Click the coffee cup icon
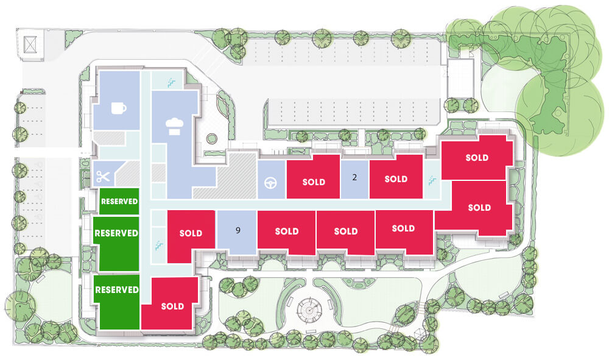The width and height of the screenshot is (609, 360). click(119, 108)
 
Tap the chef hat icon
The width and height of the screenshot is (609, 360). click(174, 127)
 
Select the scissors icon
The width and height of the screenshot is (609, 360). click(104, 177)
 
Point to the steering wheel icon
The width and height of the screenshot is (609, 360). click(271, 183)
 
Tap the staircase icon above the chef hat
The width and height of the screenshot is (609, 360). click(171, 82)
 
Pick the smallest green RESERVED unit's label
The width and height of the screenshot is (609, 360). click(119, 201)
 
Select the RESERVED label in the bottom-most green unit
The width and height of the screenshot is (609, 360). click(117, 290)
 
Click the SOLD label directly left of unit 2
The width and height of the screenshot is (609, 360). click(314, 182)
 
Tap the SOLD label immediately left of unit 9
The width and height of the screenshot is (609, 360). click(191, 233)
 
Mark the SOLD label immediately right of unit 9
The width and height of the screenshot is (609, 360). click(287, 231)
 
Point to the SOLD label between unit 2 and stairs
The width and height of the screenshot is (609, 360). click(396, 179)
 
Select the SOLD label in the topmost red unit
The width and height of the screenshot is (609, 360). click(477, 158)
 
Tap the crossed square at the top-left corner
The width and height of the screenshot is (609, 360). click(30, 44)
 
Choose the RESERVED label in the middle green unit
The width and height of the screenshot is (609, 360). click(116, 233)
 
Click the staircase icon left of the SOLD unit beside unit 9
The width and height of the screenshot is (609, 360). click(159, 245)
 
